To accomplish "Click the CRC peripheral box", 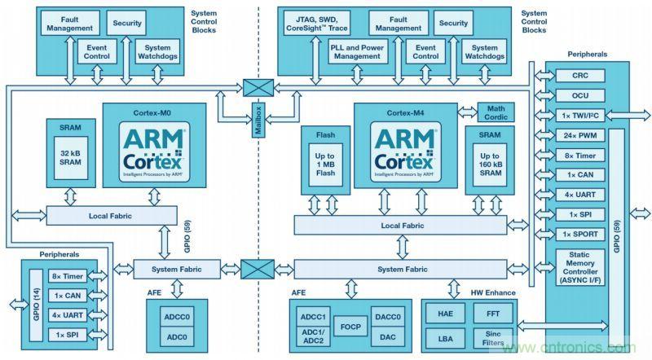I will click(x=578, y=76).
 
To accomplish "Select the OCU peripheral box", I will click(x=578, y=94).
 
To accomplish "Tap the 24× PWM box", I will click(x=578, y=134).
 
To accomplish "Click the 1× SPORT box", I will click(x=578, y=235).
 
